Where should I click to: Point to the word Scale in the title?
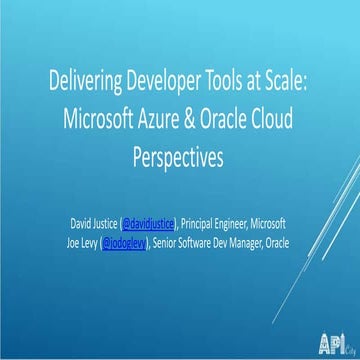282,83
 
